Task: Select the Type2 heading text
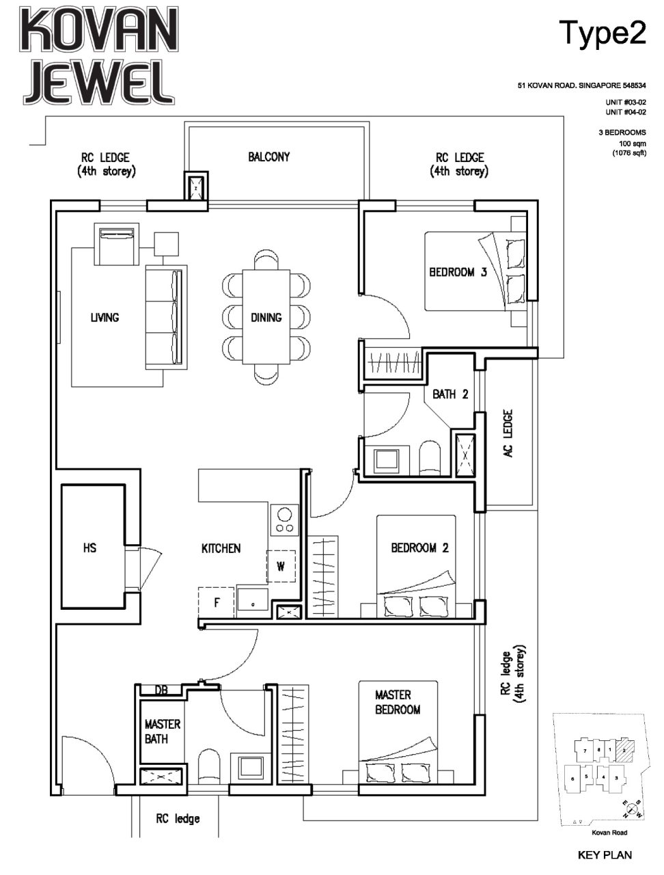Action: [x=602, y=33]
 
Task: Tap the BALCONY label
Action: [x=268, y=157]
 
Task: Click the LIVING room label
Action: [x=105, y=317]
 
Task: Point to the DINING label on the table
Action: [x=266, y=317]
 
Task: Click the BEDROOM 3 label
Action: [x=458, y=272]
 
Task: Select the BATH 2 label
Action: [x=450, y=394]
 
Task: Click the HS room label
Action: [x=89, y=548]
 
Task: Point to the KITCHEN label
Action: [x=221, y=548]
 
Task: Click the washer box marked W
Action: [x=281, y=566]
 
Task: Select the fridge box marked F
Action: [x=216, y=603]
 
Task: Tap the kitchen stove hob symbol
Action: [x=283, y=520]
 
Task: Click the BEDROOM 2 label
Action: [x=419, y=548]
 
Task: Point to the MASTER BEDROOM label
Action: [x=398, y=702]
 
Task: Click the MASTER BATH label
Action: [x=162, y=731]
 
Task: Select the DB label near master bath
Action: [x=161, y=690]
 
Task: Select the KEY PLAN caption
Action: [x=605, y=854]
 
